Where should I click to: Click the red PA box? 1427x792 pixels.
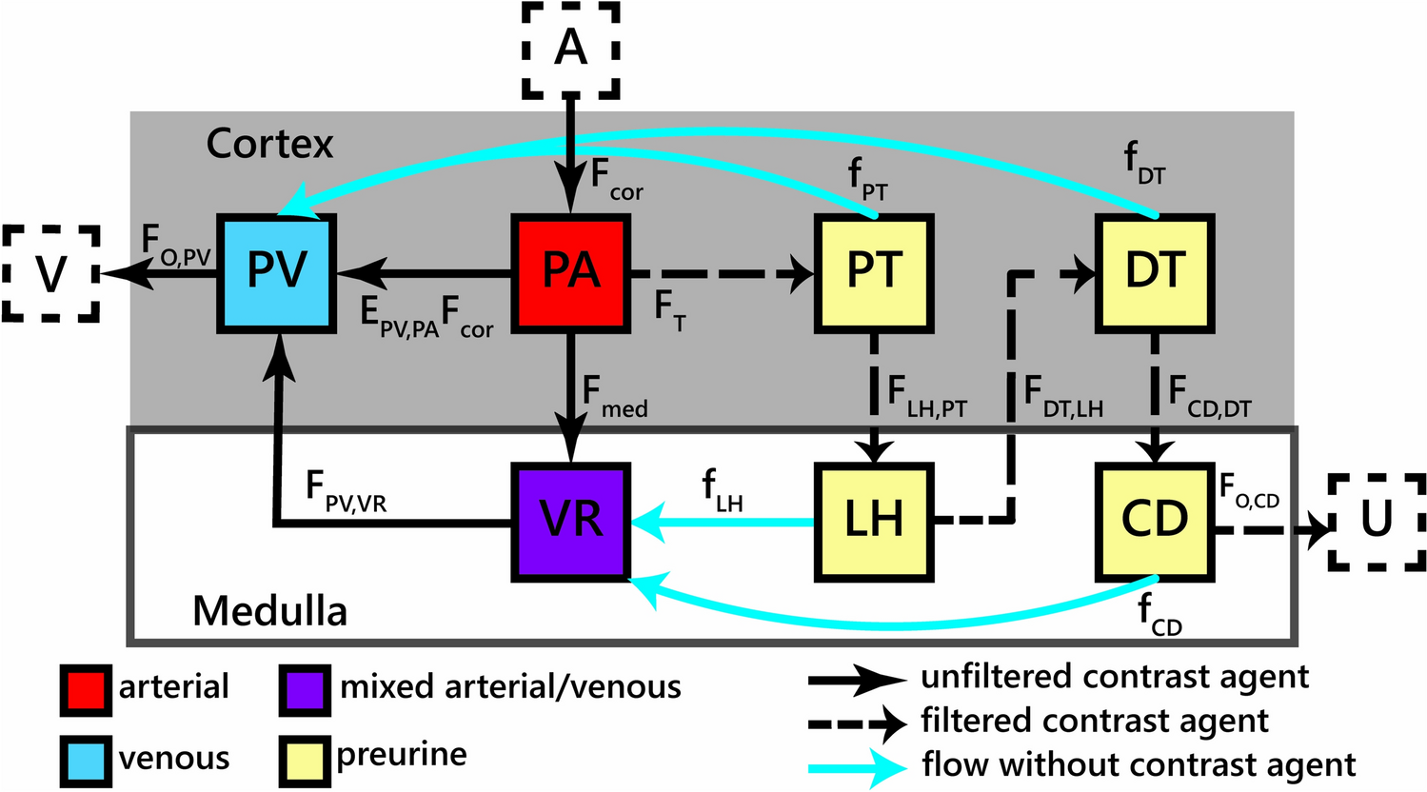point(570,273)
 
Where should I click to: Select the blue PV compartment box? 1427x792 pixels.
point(277,273)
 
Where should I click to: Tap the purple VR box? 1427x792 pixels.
point(570,521)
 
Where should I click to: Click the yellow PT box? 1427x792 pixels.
point(874,273)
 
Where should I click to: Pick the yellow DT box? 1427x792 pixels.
point(1154,273)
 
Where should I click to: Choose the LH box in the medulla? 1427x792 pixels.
point(874,521)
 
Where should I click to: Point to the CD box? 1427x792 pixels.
point(1154,521)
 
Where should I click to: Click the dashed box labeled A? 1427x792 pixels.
point(571,49)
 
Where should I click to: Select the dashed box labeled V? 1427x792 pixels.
point(51,274)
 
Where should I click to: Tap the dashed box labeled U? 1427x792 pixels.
point(1377,521)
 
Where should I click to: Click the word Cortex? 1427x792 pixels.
point(270,144)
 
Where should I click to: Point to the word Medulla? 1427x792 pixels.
point(270,610)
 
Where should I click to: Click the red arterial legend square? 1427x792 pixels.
point(85,688)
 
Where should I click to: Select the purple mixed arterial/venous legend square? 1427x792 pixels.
point(305,688)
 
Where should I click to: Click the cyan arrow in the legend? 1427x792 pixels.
point(857,765)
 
